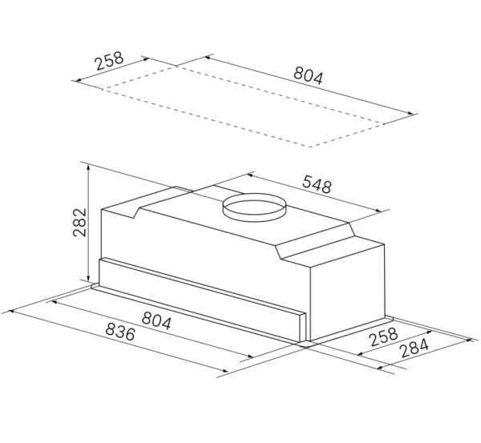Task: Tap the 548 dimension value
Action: pyautogui.click(x=316, y=185)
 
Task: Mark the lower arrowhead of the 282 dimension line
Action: pyautogui.click(x=87, y=281)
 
